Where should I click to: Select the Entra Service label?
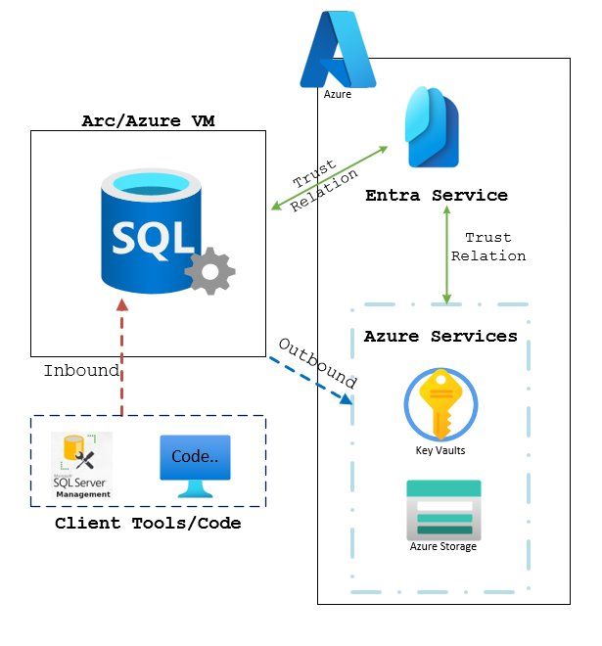[437, 196]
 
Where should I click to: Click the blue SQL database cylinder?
[147, 229]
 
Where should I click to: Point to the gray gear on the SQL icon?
[209, 271]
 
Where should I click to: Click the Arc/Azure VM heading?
[148, 121]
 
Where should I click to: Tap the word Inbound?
[81, 372]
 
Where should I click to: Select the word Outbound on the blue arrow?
[317, 364]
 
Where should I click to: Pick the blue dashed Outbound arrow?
[310, 380]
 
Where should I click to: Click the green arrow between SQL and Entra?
[329, 178]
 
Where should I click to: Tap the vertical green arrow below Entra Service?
[446, 254]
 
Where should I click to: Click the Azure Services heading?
[440, 337]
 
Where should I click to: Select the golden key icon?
[440, 403]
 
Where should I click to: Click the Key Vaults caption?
[440, 451]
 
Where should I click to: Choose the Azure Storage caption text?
[443, 546]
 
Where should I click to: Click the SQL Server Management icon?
[82, 466]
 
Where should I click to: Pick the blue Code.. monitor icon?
[195, 464]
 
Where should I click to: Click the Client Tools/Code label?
[148, 524]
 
